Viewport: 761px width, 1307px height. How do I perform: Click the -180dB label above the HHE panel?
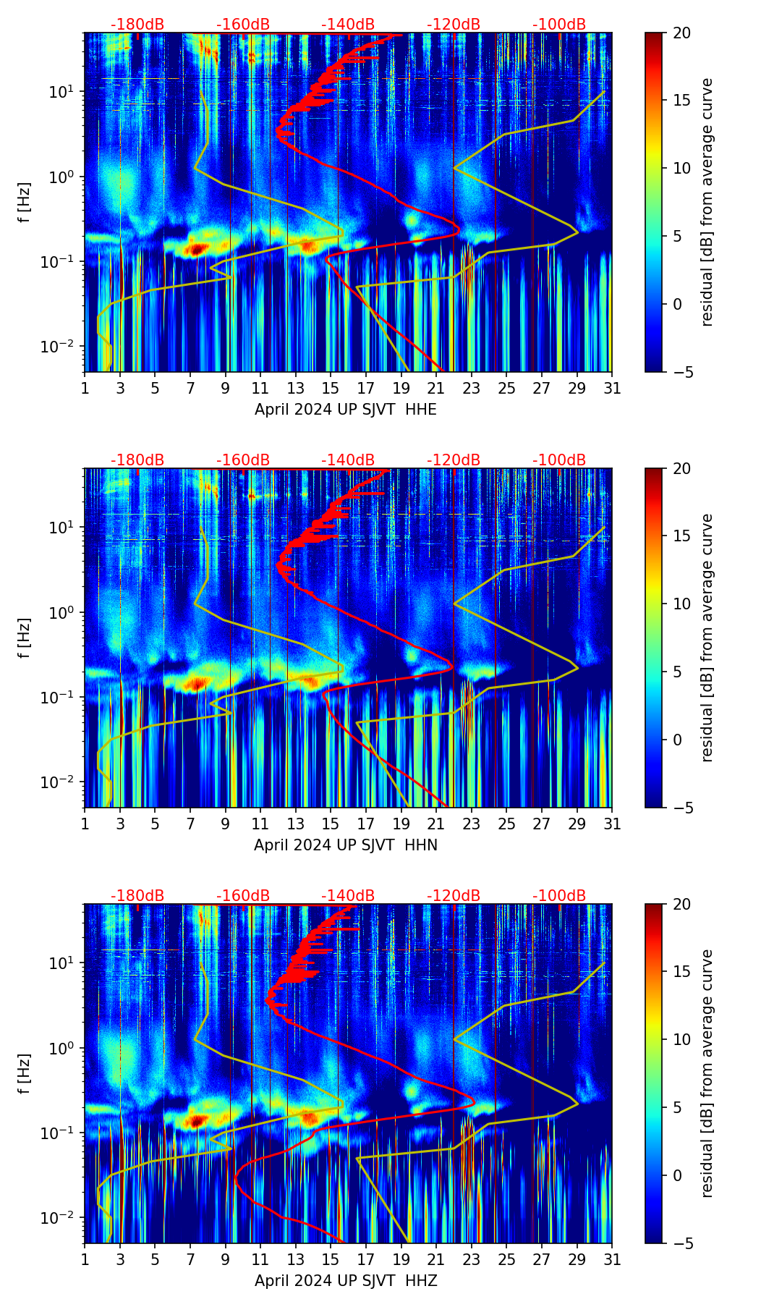click(137, 25)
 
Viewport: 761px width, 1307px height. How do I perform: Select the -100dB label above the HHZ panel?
click(559, 896)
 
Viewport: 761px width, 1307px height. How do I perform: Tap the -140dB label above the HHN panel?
click(348, 460)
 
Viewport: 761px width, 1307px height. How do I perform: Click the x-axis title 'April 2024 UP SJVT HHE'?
click(345, 410)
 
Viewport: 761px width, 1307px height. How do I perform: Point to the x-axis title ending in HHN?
click(345, 845)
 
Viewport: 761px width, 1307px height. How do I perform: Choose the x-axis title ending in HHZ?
click(345, 1281)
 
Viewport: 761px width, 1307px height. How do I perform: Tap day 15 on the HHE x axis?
click(331, 389)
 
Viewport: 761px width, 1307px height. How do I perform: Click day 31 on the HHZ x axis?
click(612, 1260)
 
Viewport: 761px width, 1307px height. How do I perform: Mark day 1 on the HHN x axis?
click(85, 824)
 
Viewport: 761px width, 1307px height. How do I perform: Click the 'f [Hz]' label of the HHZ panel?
click(25, 1074)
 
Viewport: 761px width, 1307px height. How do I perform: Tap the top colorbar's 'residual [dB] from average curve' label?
click(707, 203)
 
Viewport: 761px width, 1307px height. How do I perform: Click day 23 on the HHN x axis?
click(472, 824)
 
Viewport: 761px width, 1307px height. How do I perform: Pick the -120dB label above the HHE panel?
click(454, 25)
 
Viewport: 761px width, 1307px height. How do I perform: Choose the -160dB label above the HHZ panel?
click(243, 896)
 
